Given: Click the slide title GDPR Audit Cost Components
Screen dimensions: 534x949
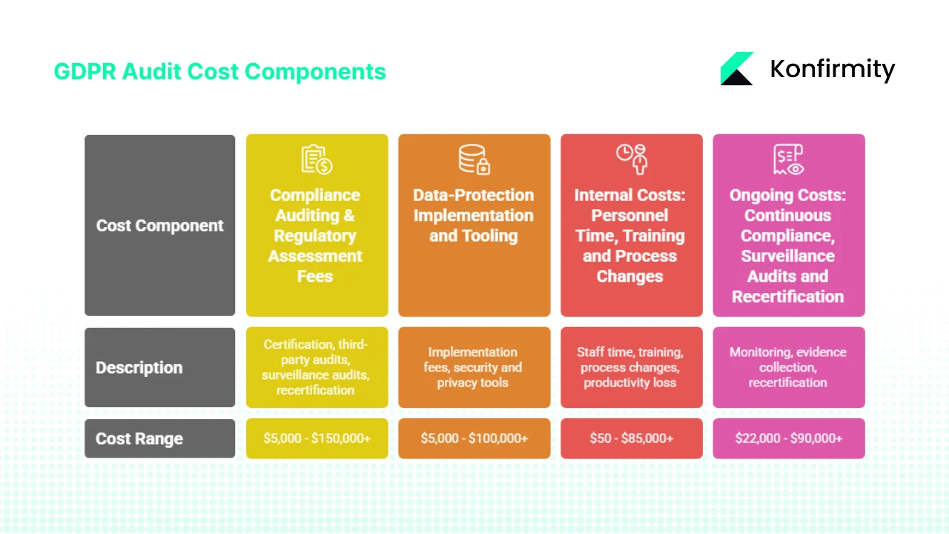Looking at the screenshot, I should (x=219, y=71).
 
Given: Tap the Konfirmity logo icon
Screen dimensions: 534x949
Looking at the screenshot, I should (x=737, y=69).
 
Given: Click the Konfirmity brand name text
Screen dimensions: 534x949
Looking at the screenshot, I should (x=832, y=69).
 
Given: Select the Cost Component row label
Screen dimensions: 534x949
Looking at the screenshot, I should (x=159, y=225).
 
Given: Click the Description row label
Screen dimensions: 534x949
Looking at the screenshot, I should (x=139, y=368).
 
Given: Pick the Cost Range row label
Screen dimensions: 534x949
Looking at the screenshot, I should (x=139, y=438).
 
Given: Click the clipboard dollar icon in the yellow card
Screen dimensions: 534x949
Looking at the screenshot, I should (x=317, y=159).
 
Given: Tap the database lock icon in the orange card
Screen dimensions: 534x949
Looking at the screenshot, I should (x=474, y=159).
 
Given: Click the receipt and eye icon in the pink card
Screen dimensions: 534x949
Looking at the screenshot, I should (x=788, y=159).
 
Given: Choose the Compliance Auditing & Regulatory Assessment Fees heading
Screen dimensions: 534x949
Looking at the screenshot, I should (x=315, y=236).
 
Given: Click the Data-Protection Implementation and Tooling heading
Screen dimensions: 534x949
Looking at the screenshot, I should (x=474, y=216).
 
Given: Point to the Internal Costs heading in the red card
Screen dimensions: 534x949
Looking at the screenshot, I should (x=630, y=236).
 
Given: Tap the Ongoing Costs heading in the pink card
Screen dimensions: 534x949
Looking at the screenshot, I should (x=787, y=245).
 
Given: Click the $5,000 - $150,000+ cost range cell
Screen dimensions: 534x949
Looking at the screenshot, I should (x=317, y=438).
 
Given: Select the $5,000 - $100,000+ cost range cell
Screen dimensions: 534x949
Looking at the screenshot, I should (x=474, y=438).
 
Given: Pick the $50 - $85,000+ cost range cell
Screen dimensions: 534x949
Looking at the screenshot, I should (x=631, y=438).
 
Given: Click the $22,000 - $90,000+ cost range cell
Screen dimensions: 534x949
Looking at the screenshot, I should (x=788, y=438).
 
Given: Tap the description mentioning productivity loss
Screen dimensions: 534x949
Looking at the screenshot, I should (x=630, y=367).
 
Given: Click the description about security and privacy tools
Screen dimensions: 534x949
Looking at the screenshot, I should (x=473, y=367).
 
